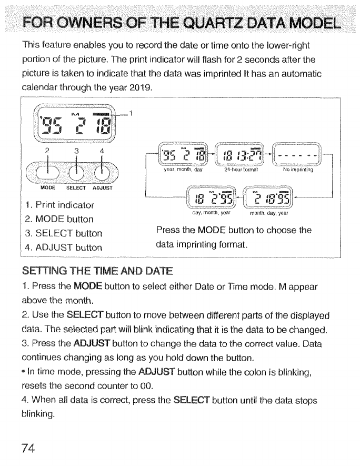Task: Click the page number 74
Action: (x=29, y=448)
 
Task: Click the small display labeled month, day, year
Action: (x=271, y=200)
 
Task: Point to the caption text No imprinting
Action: (x=297, y=170)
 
